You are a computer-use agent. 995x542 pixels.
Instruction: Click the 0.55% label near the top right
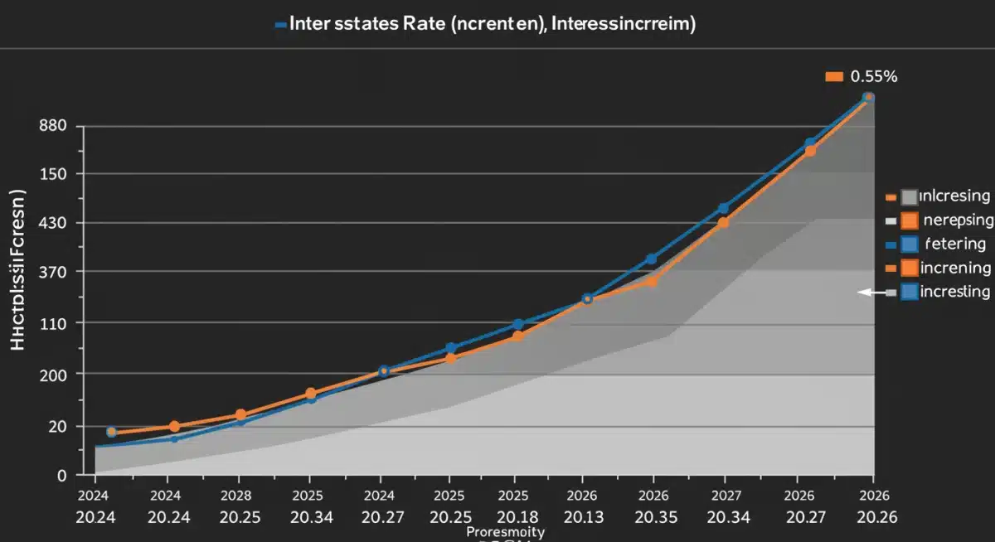point(868,77)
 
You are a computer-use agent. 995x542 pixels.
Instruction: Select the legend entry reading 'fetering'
point(955,244)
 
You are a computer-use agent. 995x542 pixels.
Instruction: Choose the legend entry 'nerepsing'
point(959,220)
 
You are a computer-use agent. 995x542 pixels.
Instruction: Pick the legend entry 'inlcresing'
point(955,196)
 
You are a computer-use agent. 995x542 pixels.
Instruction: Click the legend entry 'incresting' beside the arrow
point(955,292)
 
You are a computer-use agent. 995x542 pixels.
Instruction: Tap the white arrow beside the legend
point(871,293)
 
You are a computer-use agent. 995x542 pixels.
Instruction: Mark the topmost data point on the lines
point(868,98)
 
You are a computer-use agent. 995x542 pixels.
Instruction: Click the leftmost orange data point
point(112,432)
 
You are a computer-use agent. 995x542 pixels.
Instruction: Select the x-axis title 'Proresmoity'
point(506,531)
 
